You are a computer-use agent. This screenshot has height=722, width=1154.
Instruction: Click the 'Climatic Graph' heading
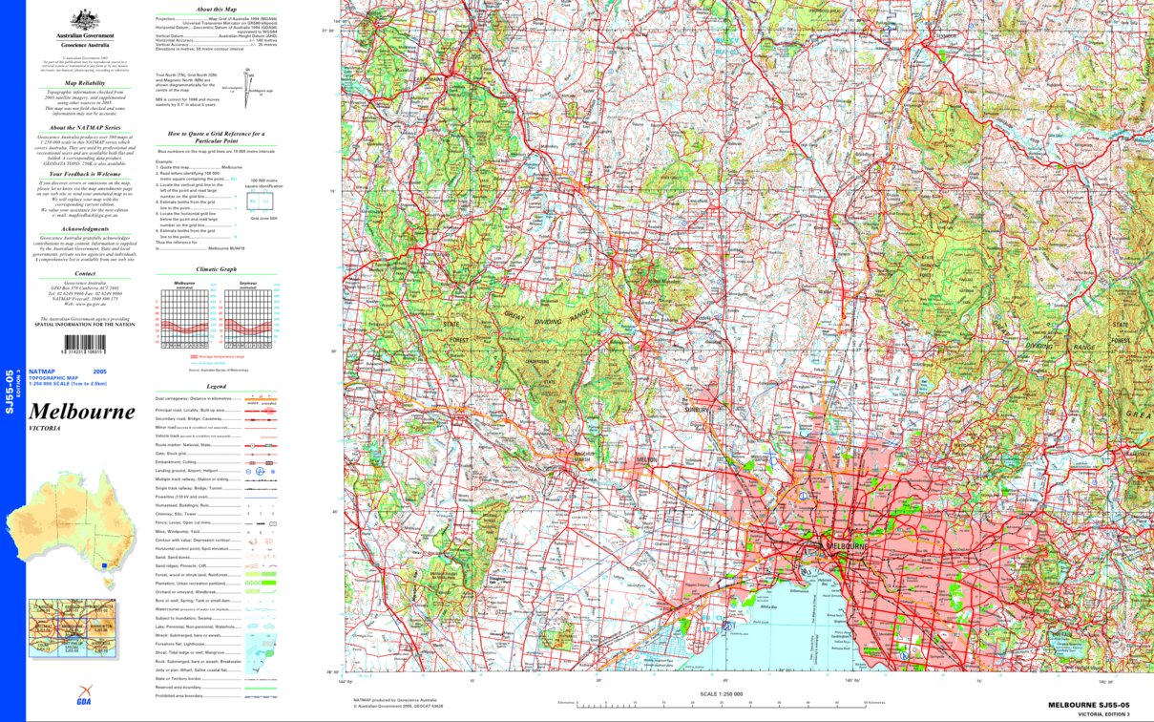(x=216, y=269)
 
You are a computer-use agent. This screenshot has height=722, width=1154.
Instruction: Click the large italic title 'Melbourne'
(x=82, y=412)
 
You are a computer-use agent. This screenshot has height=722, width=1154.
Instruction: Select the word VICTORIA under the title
(x=45, y=429)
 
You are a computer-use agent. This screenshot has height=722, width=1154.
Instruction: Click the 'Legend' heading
(x=216, y=384)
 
